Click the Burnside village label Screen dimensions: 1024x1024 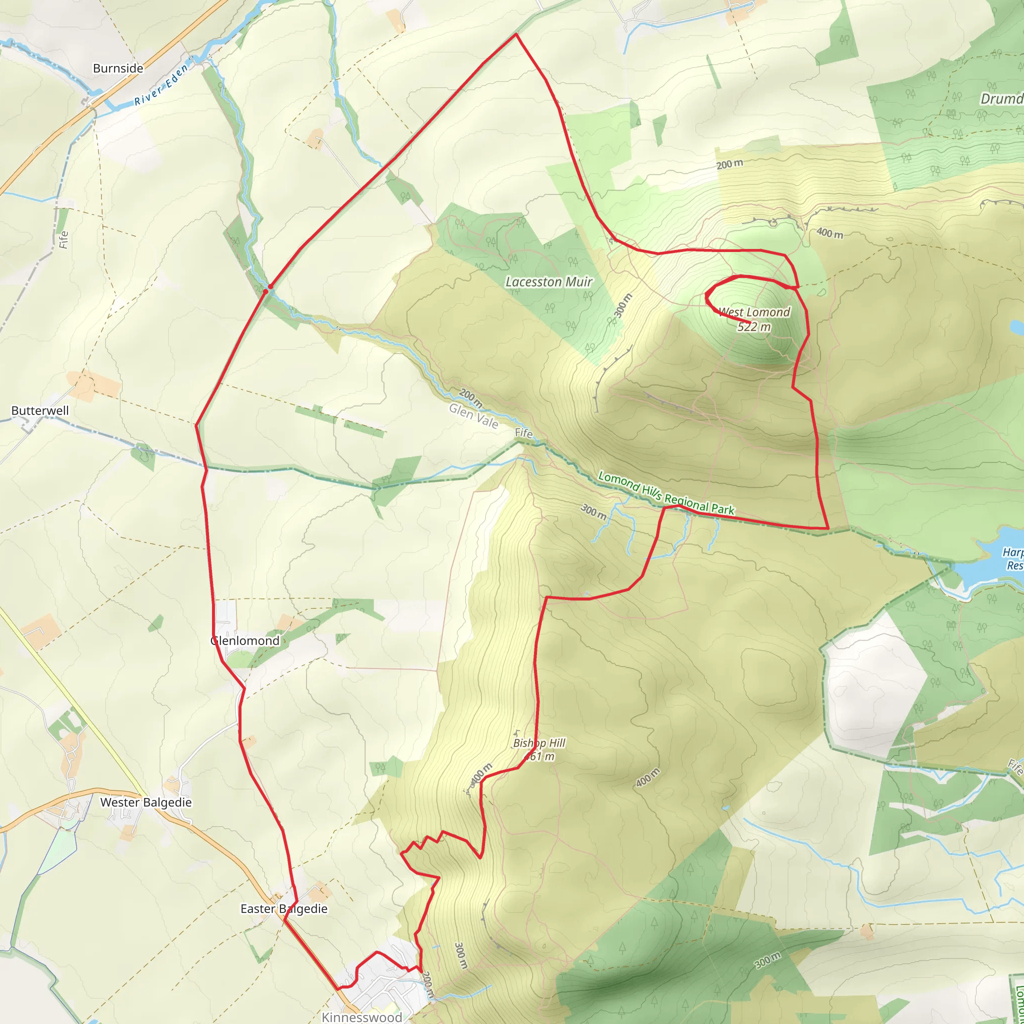pyautogui.click(x=117, y=68)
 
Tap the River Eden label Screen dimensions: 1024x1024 pyautogui.click(x=161, y=85)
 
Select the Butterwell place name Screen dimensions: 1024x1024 pyautogui.click(x=40, y=411)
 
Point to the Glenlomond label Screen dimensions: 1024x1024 pyautogui.click(x=245, y=641)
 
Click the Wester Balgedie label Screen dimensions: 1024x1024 pyautogui.click(x=146, y=802)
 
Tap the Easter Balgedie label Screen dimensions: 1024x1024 pyautogui.click(x=283, y=909)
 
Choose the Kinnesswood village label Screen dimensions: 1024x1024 pyautogui.click(x=362, y=1016)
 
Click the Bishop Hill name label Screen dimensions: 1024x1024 pyautogui.click(x=539, y=743)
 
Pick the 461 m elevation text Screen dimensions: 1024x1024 pyautogui.click(x=539, y=757)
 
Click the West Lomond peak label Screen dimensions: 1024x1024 pyautogui.click(x=754, y=312)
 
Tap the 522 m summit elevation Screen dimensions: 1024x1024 pyautogui.click(x=753, y=326)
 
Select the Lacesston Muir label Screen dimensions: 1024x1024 pyautogui.click(x=548, y=282)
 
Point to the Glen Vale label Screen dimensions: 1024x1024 pyautogui.click(x=473, y=416)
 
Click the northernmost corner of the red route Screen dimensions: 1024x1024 pyautogui.click(x=515, y=34)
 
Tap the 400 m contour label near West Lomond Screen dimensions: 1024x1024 pyautogui.click(x=829, y=232)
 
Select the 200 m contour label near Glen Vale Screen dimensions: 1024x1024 pyautogui.click(x=470, y=398)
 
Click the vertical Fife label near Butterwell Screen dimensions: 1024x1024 pyautogui.click(x=63, y=239)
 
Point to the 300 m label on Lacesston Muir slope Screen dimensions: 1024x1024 pyautogui.click(x=623, y=305)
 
